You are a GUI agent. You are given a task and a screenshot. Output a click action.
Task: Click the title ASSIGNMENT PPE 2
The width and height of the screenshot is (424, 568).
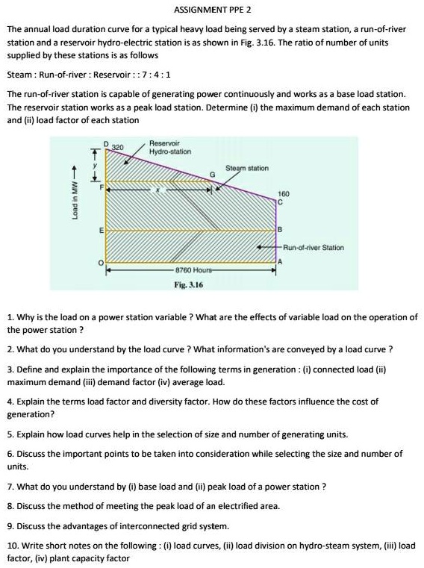212,10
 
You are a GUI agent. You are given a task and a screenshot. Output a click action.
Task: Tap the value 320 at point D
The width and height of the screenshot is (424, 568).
117,147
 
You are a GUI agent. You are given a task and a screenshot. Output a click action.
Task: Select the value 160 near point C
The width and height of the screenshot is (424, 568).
283,193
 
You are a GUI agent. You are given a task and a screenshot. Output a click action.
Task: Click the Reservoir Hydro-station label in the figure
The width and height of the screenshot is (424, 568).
170,147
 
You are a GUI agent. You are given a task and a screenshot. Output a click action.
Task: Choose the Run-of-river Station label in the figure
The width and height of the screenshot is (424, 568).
314,246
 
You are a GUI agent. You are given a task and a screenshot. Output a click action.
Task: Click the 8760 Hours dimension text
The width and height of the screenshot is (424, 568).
193,269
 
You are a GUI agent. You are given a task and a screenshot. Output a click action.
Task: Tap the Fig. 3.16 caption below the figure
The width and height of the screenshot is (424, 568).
189,284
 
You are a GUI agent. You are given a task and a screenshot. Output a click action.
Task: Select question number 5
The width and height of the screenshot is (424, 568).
9,434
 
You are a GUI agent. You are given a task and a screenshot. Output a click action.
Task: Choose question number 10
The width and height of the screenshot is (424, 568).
11,546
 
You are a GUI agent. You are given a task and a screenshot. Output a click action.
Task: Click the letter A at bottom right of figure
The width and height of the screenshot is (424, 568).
281,262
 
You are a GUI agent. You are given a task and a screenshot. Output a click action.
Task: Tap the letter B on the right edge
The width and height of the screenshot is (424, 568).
280,228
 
